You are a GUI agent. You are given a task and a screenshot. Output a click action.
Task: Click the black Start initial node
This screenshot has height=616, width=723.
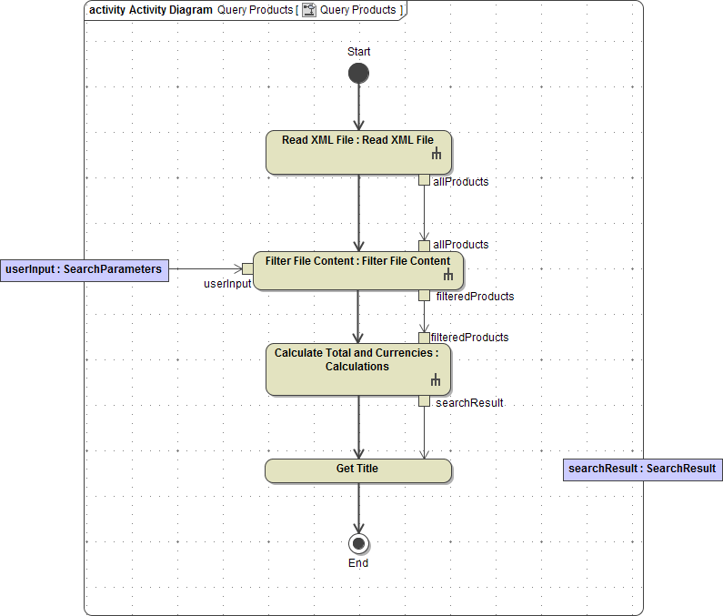click(358, 73)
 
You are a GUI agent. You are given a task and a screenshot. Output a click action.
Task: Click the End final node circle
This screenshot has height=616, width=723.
click(358, 544)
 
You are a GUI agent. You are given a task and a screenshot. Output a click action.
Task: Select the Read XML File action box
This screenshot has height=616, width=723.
click(358, 152)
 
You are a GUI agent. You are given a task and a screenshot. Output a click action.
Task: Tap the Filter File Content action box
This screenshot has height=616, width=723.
click(357, 270)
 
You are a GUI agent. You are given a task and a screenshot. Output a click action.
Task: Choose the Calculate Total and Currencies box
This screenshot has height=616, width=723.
click(357, 369)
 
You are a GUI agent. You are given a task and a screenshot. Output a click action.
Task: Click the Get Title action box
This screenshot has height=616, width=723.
click(357, 470)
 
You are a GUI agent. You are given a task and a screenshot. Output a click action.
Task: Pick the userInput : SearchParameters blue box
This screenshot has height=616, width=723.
click(84, 269)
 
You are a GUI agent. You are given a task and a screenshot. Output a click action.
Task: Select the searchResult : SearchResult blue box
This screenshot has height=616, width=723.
click(642, 470)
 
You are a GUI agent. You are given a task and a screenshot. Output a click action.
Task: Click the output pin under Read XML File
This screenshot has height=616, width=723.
click(424, 179)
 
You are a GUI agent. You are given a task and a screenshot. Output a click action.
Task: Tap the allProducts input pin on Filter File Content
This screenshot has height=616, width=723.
click(424, 246)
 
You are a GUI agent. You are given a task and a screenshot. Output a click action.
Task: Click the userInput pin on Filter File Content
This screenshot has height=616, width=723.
click(247, 268)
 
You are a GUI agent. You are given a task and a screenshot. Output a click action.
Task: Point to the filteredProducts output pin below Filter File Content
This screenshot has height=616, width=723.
click(424, 295)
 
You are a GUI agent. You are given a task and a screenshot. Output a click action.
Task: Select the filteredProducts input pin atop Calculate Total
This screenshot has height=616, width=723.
click(424, 338)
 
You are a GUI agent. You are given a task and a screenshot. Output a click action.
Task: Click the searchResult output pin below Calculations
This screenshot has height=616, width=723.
click(424, 401)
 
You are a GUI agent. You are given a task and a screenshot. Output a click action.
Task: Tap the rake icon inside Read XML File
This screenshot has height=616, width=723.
click(437, 156)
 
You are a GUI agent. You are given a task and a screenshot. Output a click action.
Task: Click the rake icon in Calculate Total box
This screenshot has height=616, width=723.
click(436, 380)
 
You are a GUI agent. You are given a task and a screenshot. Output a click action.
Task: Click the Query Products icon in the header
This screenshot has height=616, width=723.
click(309, 10)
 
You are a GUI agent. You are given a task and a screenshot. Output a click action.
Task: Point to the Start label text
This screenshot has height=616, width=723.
click(358, 52)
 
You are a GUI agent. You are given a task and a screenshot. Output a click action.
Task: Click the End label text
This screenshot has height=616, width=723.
click(358, 563)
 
